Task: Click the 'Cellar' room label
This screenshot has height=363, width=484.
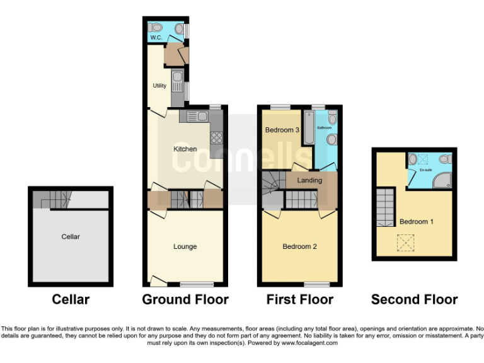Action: tap(71, 237)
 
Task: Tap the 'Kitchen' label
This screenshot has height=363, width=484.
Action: tap(185, 149)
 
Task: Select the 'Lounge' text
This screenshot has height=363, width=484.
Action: tap(185, 246)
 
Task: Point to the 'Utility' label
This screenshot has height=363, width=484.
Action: tap(159, 86)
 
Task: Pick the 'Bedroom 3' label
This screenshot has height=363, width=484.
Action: tap(281, 130)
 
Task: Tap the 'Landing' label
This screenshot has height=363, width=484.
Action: tap(309, 180)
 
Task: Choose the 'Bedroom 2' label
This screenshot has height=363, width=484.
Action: tap(299, 246)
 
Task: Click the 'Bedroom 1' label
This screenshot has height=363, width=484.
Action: tap(417, 222)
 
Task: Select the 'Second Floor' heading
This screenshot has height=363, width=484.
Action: tap(414, 299)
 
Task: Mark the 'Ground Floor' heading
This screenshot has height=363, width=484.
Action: tap(185, 299)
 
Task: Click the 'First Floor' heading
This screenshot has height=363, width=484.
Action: tap(299, 299)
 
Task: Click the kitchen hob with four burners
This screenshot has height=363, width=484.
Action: tap(216, 137)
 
